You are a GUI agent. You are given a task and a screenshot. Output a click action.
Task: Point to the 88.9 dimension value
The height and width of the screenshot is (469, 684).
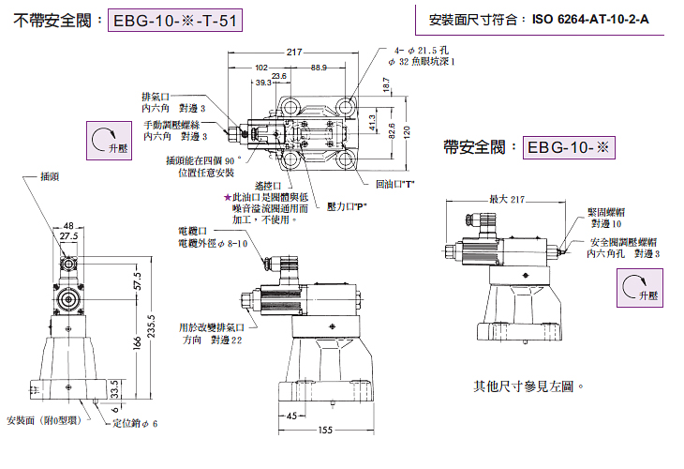pos(320,68)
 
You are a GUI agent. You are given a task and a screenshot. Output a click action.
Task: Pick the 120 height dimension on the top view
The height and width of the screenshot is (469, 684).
pos(406,132)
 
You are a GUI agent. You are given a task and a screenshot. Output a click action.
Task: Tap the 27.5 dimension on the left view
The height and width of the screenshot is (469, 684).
pos(68,237)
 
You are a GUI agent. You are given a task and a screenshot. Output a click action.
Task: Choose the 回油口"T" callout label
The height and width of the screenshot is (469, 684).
pos(394,184)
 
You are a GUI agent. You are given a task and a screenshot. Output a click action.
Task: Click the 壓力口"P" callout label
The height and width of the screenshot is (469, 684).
pos(346,205)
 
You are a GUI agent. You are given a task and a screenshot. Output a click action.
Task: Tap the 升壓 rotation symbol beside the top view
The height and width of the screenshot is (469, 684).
pos(106,142)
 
